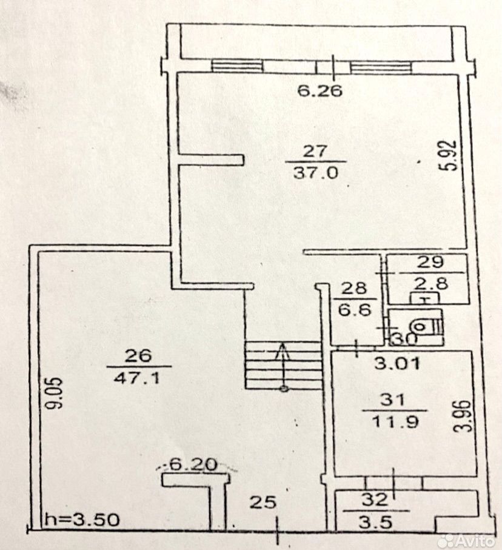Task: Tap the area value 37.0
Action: (320, 172)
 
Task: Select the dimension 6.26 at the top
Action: (321, 92)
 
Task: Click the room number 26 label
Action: (139, 355)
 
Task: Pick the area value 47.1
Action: (139, 377)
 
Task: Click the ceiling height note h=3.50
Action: (81, 520)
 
